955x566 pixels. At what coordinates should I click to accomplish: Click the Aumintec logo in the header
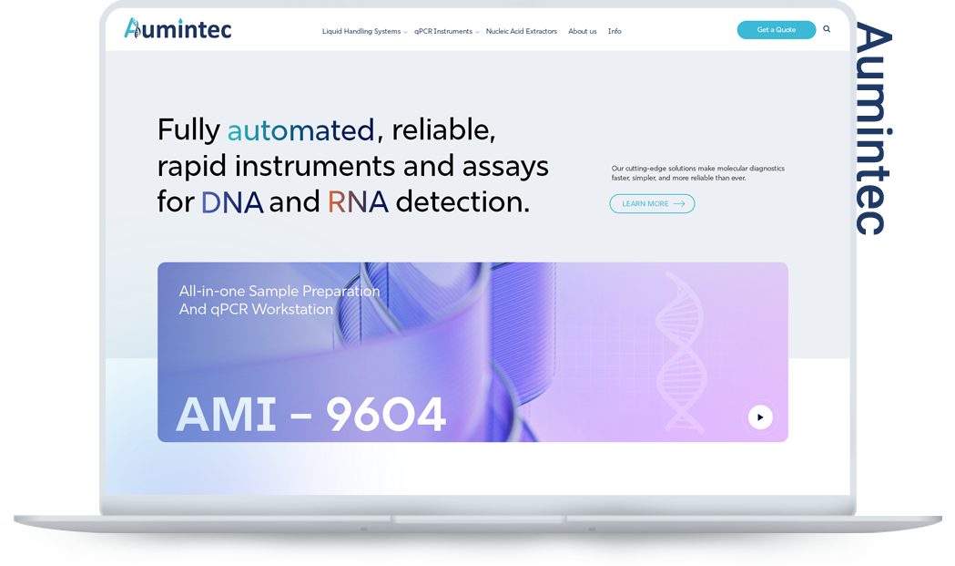click(178, 28)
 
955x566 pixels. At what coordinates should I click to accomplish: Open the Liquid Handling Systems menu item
click(361, 31)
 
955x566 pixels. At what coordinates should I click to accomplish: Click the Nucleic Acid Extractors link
click(522, 31)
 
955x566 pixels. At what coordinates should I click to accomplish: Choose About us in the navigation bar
click(583, 31)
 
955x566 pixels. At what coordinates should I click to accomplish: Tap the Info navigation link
click(615, 31)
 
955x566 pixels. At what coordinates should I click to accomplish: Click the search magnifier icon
click(827, 28)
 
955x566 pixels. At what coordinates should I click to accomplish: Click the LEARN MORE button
click(652, 204)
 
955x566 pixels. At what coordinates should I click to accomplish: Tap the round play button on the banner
click(760, 417)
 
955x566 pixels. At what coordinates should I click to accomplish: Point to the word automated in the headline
click(300, 130)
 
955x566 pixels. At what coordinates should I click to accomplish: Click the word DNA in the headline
click(232, 201)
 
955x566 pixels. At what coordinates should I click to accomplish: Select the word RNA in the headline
click(358, 201)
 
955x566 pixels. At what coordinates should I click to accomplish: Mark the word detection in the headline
click(462, 201)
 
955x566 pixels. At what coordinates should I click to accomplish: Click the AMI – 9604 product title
click(310, 415)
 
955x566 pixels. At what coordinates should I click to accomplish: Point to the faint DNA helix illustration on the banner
click(680, 352)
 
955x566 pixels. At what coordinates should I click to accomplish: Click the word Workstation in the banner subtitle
click(294, 309)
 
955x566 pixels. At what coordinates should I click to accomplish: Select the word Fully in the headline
click(188, 130)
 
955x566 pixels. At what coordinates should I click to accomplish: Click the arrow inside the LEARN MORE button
click(679, 204)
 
